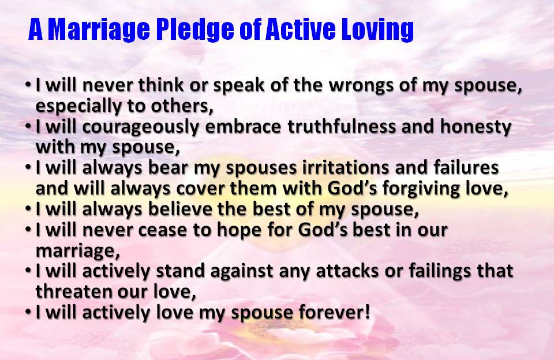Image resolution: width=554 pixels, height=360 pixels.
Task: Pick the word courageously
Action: (x=134, y=127)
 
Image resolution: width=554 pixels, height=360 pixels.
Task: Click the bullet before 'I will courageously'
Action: (x=29, y=126)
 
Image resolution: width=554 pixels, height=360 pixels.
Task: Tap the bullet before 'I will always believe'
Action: (x=29, y=208)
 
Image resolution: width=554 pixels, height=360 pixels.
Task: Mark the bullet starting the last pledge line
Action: (x=29, y=311)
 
